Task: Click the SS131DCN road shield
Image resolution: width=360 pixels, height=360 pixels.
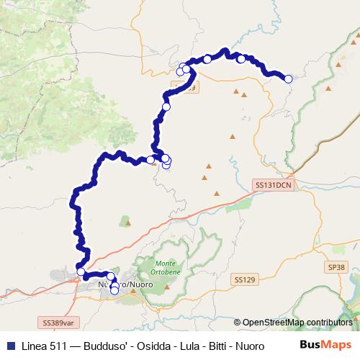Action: point(273,185)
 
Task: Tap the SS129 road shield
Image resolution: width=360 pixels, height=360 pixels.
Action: point(243,278)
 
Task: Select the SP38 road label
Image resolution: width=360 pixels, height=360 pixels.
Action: point(335,266)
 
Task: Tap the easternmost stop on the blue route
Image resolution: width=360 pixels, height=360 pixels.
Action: point(289,79)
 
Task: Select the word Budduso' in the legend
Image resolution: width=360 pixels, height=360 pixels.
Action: point(106,346)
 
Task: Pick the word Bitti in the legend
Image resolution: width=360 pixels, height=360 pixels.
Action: point(215,346)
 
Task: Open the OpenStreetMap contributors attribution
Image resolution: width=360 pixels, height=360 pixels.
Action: point(297,322)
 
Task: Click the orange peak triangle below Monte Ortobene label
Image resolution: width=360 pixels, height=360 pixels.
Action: point(169,287)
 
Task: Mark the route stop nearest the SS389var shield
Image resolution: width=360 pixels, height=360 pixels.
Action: point(81,271)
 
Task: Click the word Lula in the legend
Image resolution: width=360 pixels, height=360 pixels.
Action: point(184,346)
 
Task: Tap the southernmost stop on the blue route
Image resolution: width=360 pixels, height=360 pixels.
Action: point(114,291)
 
